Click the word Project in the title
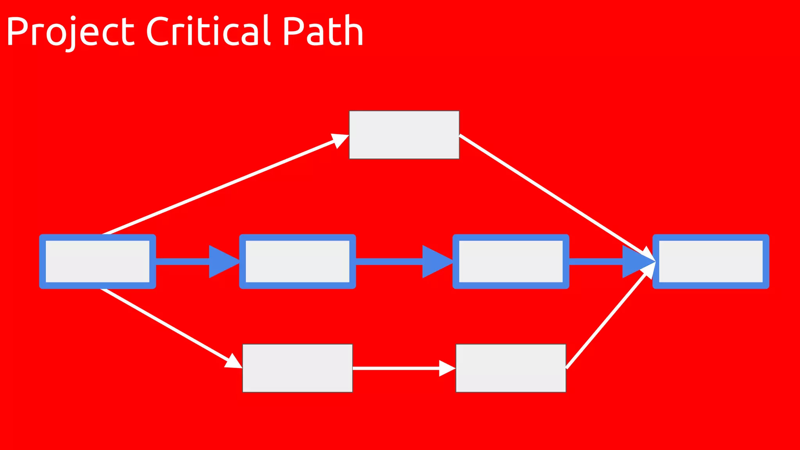(x=70, y=32)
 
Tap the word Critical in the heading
(x=209, y=31)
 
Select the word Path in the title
(x=323, y=31)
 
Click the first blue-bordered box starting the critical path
(x=98, y=261)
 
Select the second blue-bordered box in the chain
(x=297, y=261)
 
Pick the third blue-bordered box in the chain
(x=511, y=261)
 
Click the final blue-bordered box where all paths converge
(x=711, y=261)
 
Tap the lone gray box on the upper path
(x=404, y=135)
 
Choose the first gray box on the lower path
(x=297, y=368)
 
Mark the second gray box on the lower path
(x=511, y=368)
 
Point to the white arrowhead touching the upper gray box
(x=340, y=140)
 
